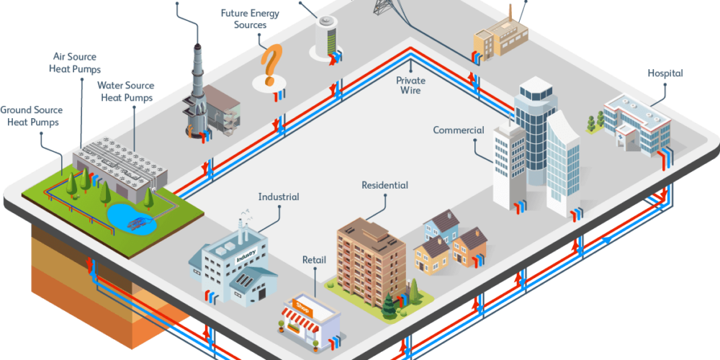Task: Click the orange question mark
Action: (x=269, y=63)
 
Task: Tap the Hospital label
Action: (x=665, y=73)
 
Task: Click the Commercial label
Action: (x=459, y=130)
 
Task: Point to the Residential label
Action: (x=384, y=186)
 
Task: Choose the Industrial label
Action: (x=279, y=197)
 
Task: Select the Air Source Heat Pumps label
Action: (x=75, y=63)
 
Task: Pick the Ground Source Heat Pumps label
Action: (x=31, y=116)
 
